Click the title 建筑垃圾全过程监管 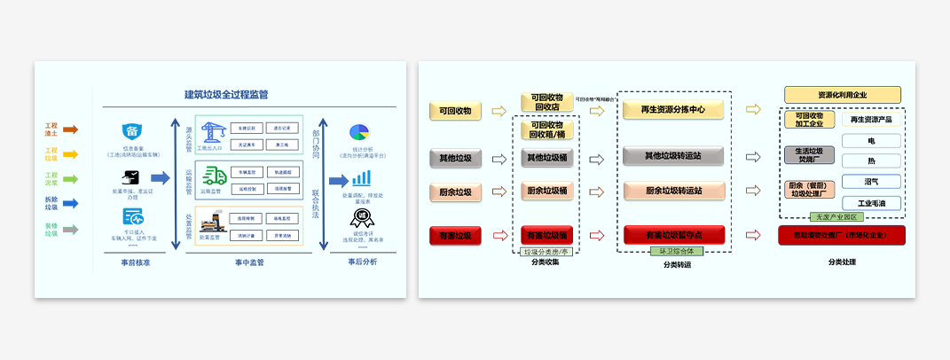point(226,94)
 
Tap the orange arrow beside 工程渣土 point(71,129)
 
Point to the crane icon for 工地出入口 point(210,132)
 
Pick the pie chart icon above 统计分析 point(359,133)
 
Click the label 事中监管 point(249,262)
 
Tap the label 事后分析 point(362,262)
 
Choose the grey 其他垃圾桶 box point(546,158)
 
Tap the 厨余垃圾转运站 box point(674,191)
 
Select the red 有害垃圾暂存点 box point(674,235)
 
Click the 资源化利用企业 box point(843,95)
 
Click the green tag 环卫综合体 point(675,252)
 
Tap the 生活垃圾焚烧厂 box point(809,155)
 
